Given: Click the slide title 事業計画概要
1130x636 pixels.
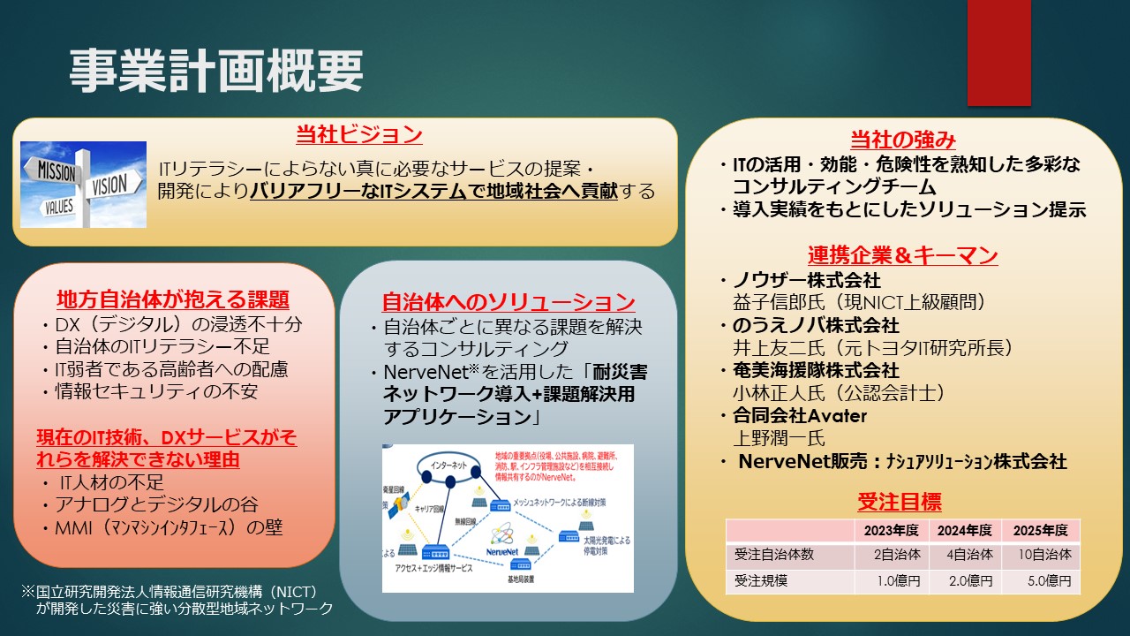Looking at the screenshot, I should coord(216,71).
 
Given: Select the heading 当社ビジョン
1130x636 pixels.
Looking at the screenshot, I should coord(358,135).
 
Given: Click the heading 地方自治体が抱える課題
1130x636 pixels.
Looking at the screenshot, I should coord(173,299).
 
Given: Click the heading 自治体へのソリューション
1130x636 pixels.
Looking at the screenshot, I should coord(508,301).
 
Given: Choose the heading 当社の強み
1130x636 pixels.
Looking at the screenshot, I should coord(902,140).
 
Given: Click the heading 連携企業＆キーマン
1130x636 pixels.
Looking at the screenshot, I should coord(902,256).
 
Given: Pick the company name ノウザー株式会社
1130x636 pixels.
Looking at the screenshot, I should coord(807,281).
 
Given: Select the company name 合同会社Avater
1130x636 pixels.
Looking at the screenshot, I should coord(800,416).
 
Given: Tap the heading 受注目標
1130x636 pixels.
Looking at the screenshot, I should coord(899,503).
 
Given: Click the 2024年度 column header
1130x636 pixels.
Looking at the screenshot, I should coord(965,531).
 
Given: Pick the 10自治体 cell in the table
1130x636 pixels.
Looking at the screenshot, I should coord(1043,556).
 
